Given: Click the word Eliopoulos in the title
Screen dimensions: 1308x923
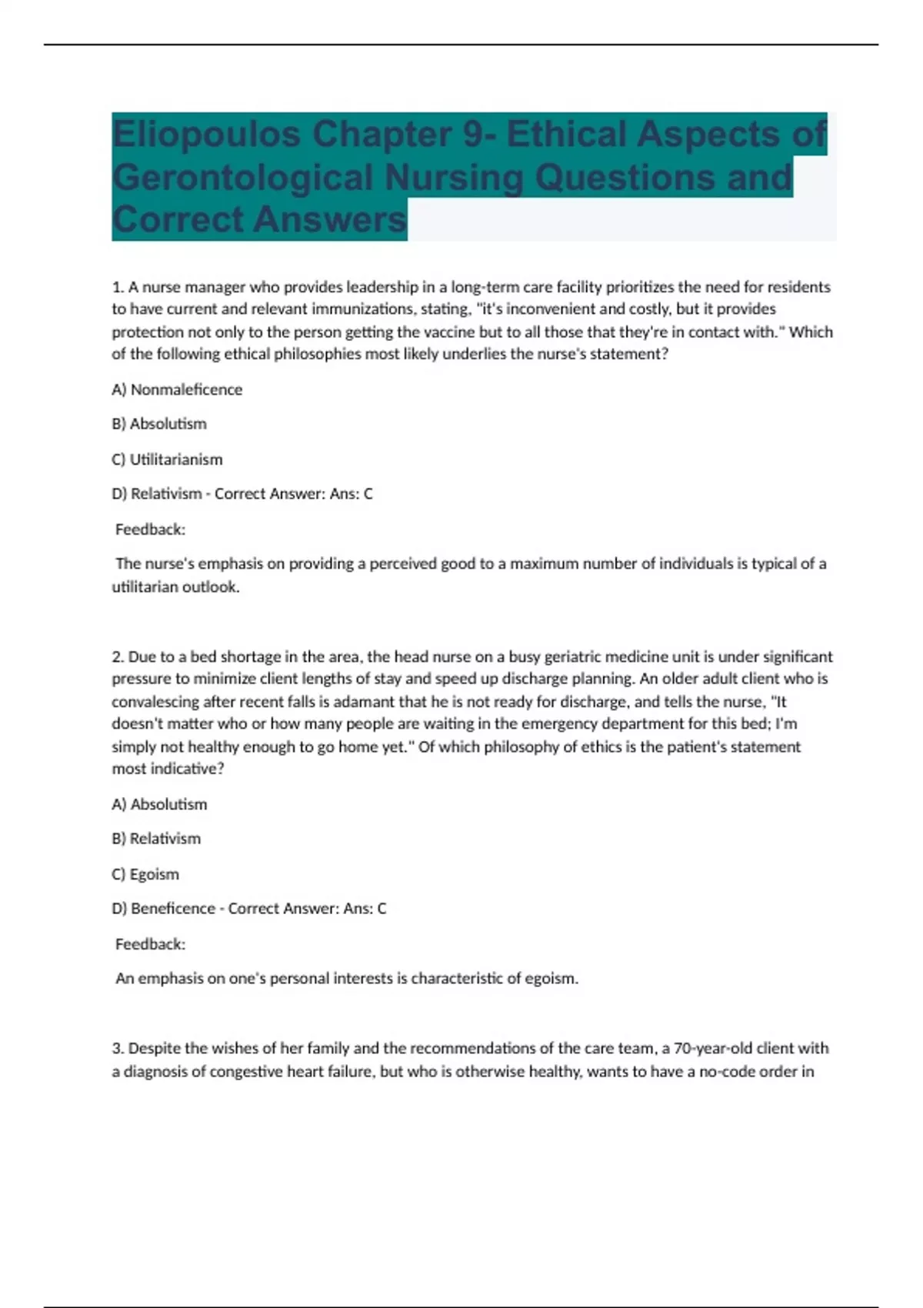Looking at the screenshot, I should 206,135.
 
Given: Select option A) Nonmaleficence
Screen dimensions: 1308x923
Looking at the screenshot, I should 177,389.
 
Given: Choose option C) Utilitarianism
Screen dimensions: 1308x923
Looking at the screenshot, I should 167,459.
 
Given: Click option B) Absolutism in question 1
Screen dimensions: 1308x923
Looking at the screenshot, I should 159,424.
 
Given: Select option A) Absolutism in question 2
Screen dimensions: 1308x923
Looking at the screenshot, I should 159,804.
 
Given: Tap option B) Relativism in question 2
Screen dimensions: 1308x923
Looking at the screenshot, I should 156,839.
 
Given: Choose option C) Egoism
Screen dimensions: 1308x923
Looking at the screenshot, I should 145,874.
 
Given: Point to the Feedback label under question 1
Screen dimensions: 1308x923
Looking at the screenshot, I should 150,529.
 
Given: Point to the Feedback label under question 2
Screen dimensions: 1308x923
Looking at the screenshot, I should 150,944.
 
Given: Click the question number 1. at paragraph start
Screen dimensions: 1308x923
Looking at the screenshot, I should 118,288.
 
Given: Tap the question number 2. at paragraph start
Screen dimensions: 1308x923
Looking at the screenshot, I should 118,657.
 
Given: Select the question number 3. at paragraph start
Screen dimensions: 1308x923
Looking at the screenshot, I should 118,1048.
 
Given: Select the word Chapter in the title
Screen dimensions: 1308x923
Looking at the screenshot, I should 382,135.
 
